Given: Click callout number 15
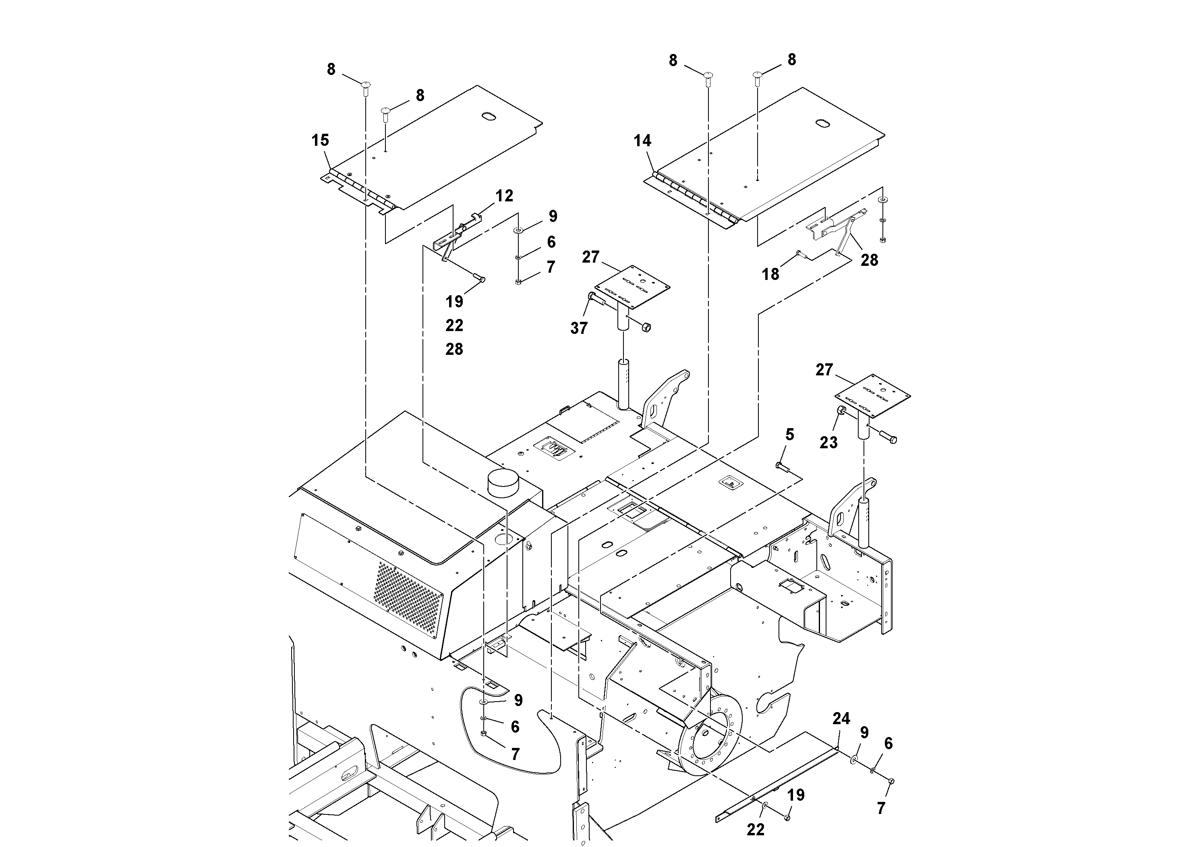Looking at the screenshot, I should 320,140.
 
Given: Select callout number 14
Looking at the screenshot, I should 642,141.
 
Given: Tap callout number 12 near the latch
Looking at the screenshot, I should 504,196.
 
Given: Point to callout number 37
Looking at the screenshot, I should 579,328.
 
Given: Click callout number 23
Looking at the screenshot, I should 828,442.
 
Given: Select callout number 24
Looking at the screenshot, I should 841,719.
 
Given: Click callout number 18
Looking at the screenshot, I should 770,273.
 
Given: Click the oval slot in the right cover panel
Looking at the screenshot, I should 822,123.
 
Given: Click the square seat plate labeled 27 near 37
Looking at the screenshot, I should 632,284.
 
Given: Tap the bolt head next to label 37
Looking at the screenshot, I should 592,296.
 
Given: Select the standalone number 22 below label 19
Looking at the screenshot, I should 454,325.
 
